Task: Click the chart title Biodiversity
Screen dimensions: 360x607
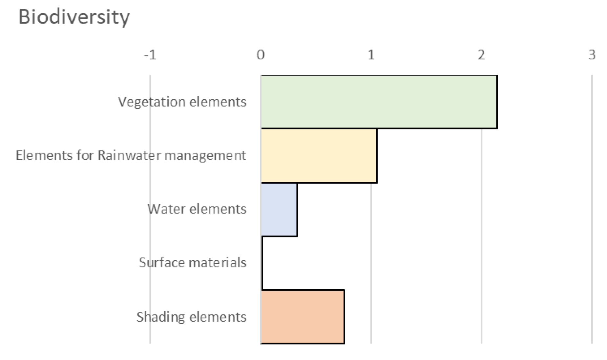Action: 74,17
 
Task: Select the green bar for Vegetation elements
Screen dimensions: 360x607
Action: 379,102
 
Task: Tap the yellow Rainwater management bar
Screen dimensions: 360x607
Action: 319,155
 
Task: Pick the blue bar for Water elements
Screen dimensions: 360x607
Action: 279,209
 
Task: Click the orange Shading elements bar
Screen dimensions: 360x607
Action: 303,317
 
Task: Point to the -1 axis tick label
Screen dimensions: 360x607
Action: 150,55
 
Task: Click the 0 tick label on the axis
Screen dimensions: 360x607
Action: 261,55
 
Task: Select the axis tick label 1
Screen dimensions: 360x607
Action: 371,55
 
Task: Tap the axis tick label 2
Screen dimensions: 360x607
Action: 481,55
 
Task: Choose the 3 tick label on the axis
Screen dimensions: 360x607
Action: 592,55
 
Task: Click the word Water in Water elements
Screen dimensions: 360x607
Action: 166,209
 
